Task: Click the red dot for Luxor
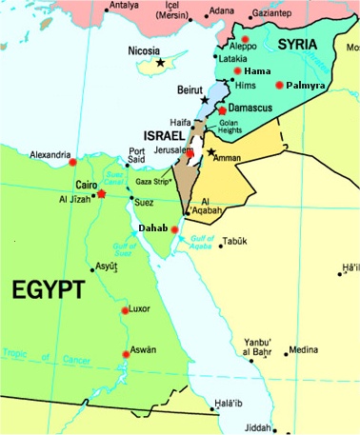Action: (125, 310)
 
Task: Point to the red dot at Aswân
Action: (125, 354)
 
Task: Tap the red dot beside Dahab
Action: (175, 228)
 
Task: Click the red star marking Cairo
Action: (101, 194)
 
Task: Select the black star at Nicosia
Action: (160, 63)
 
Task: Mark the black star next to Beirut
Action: (204, 99)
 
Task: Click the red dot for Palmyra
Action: (279, 85)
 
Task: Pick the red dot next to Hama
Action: (237, 70)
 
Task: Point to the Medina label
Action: (305, 349)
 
